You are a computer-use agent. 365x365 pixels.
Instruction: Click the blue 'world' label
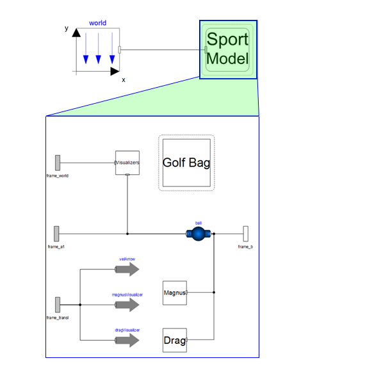point(97,23)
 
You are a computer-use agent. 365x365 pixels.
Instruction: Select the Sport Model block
point(228,49)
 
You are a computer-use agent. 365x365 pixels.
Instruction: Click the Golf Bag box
point(186,163)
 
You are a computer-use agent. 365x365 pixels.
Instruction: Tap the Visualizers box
point(127,163)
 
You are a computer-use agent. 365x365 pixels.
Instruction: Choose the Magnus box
point(175,293)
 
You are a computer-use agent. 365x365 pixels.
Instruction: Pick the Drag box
point(175,340)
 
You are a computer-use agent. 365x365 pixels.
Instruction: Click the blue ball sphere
point(199,234)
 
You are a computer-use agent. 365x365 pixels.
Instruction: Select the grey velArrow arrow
point(127,270)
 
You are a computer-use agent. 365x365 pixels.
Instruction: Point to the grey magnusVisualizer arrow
point(127,305)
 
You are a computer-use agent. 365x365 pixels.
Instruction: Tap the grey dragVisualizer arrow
point(127,340)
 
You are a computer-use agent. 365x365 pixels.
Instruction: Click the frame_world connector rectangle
point(58,163)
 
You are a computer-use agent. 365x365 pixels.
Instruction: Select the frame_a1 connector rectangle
point(56,234)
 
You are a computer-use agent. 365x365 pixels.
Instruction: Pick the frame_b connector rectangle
point(246,234)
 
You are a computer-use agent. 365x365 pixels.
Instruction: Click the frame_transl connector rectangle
point(58,305)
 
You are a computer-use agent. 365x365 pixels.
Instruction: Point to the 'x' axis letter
point(124,80)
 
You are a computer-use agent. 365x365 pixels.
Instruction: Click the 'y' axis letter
point(67,28)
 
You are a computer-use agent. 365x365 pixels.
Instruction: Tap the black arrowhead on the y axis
point(76,33)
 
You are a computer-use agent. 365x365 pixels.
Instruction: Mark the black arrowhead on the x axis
point(115,71)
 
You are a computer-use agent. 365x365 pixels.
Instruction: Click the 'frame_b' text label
point(245,247)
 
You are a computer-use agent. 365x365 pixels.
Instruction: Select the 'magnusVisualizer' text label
point(127,295)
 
